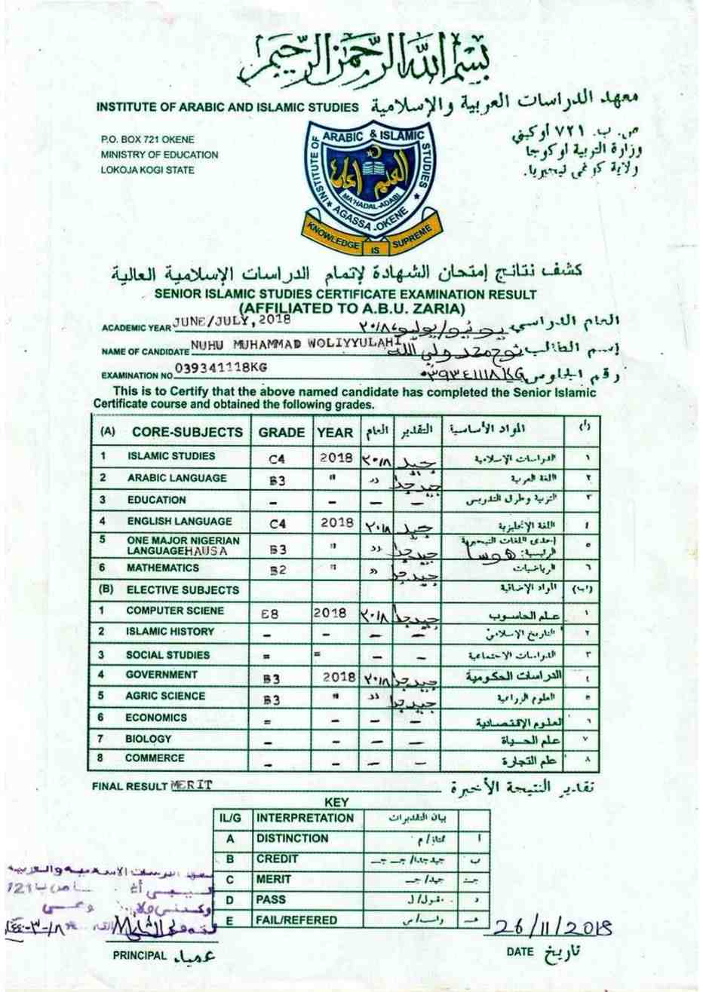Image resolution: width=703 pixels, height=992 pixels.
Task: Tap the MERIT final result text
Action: pos(192,785)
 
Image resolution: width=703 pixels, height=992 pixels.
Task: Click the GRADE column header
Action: pos(281,432)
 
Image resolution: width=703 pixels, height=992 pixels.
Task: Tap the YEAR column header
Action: pos(334,432)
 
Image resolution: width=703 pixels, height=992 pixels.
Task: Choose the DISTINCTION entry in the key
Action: pos(292,838)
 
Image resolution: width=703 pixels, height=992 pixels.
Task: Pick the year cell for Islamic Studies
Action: pos(336,457)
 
